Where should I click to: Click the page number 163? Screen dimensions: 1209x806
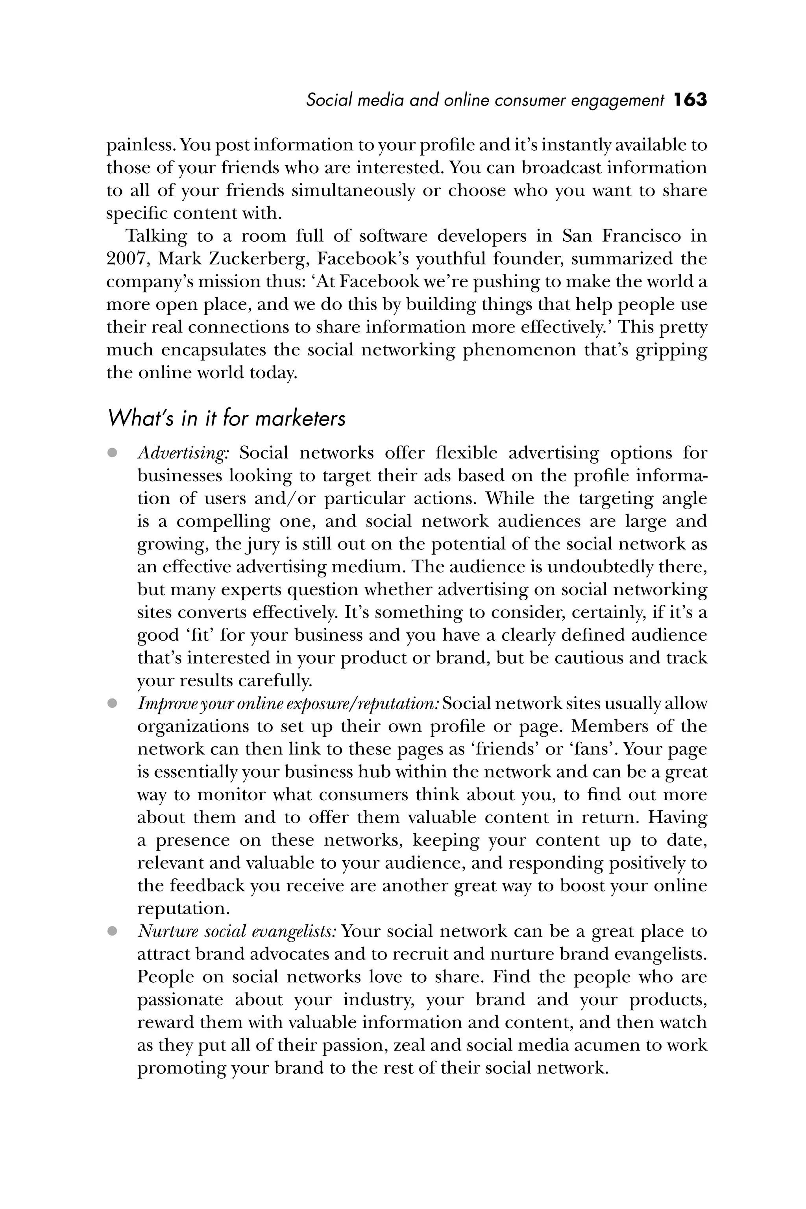coord(690,100)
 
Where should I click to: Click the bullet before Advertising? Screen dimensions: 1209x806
coord(112,453)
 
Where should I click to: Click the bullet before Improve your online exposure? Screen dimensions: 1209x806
coord(112,703)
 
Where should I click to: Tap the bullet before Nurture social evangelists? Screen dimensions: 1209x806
coord(112,931)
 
